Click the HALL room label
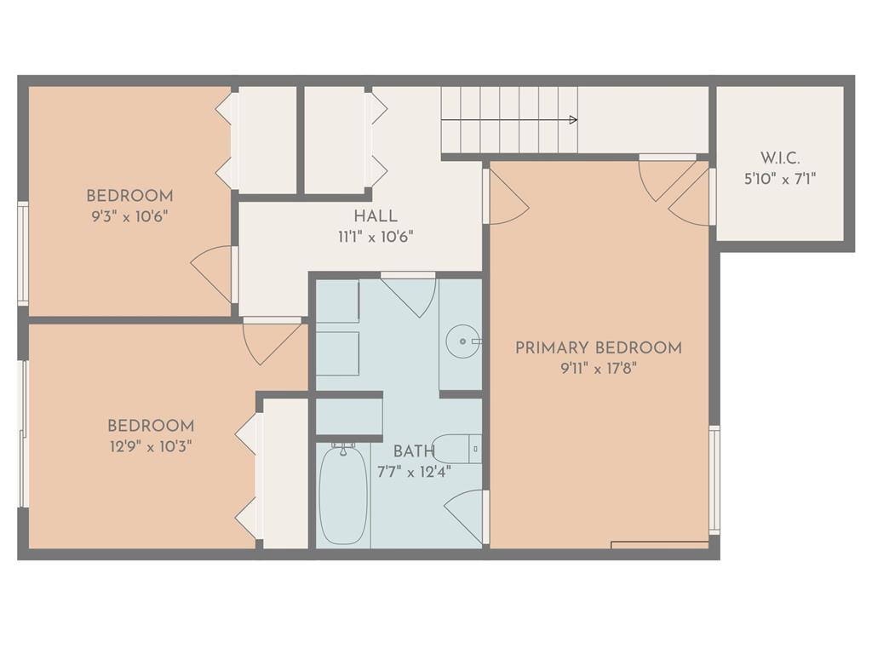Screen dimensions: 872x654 [x=376, y=215]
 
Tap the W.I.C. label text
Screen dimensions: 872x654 [x=780, y=158]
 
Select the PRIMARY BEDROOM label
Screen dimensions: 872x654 [x=599, y=348]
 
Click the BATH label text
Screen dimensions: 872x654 [x=414, y=451]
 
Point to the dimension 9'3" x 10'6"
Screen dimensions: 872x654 [x=129, y=215]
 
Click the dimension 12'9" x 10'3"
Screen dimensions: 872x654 [x=151, y=446]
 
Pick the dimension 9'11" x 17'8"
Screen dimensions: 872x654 [x=599, y=368]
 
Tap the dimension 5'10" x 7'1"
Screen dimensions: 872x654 [x=780, y=179]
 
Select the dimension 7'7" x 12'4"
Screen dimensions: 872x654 [x=414, y=472]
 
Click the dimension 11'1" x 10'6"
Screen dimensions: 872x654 [x=376, y=237]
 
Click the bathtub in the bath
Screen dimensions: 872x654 [x=343, y=495]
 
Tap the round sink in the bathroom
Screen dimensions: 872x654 [x=462, y=341]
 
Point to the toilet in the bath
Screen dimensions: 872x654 [x=456, y=448]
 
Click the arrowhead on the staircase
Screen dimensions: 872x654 [x=574, y=119]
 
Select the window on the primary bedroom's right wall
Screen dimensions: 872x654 [x=714, y=480]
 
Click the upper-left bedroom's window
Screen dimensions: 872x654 [x=23, y=253]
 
